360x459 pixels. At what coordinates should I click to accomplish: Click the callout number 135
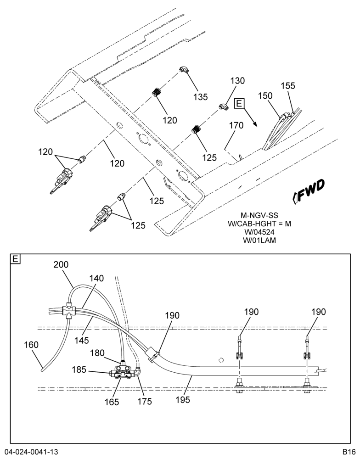tap(201, 96)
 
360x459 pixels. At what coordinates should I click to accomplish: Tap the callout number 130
tap(237, 81)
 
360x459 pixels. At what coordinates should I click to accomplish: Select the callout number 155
tap(288, 86)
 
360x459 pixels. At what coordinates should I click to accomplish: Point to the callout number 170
tap(236, 125)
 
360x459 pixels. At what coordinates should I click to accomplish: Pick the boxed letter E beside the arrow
tap(239, 103)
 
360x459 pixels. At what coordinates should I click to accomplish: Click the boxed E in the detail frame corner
tap(15, 259)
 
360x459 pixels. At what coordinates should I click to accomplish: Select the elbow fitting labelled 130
tap(225, 106)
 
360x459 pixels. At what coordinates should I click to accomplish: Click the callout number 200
tap(61, 265)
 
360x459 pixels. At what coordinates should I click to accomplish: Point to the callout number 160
tap(31, 345)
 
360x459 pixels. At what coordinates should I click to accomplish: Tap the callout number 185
tap(79, 369)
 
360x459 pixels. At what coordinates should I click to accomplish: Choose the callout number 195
tap(182, 399)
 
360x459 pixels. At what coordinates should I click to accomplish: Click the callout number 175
tap(145, 401)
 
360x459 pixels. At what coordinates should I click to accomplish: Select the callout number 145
tap(81, 340)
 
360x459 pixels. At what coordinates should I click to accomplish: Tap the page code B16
tap(349, 451)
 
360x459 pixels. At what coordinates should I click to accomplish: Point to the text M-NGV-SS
tap(259, 215)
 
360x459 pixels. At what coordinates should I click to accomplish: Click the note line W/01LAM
tap(259, 241)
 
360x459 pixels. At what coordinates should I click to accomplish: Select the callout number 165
tap(112, 402)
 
